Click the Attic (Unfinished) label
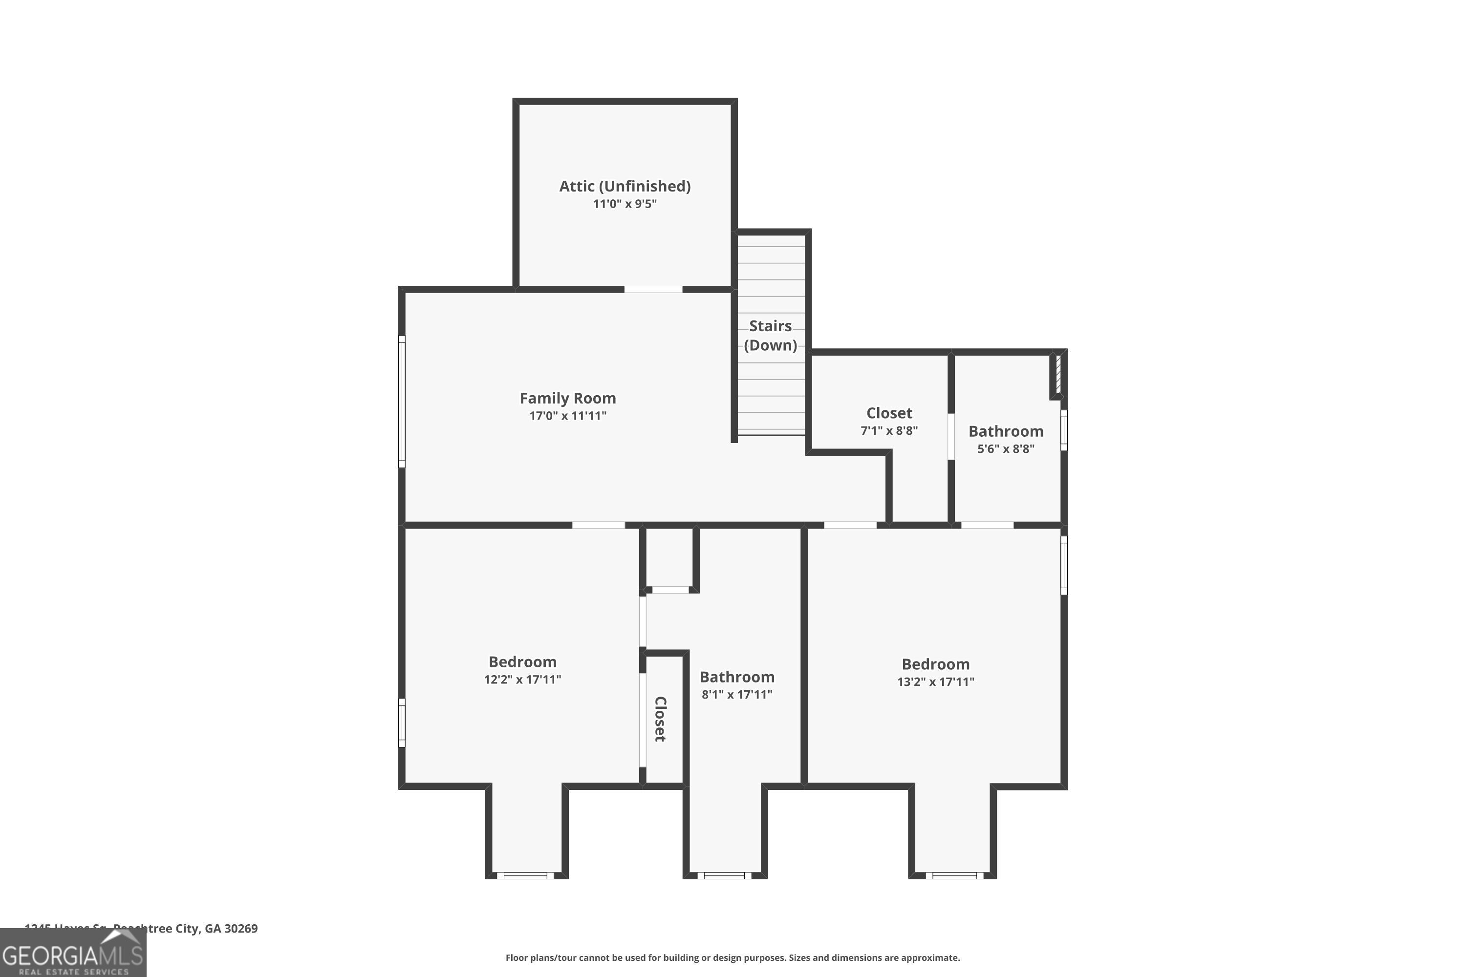click(625, 186)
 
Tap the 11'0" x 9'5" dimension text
click(625, 204)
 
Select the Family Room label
click(568, 398)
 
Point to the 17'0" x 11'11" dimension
click(568, 416)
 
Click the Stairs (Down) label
click(771, 335)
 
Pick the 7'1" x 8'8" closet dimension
click(889, 430)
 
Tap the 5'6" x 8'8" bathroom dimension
click(1005, 448)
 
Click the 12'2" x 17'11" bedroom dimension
click(522, 679)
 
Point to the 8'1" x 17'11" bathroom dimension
click(737, 694)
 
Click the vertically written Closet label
click(660, 719)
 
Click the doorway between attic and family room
click(653, 289)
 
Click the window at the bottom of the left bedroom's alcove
click(525, 875)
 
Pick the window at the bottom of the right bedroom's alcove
click(954, 875)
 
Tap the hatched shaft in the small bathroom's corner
click(1058, 374)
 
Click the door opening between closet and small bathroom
click(951, 436)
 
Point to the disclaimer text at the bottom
click(733, 957)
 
